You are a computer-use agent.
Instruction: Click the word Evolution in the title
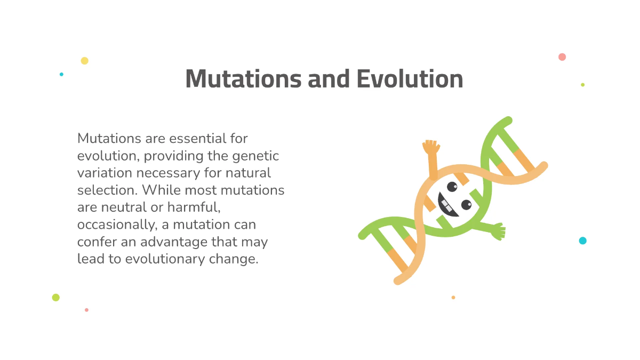click(x=409, y=79)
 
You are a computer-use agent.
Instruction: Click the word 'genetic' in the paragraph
click(x=255, y=156)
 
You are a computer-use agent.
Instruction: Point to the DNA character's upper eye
click(x=452, y=187)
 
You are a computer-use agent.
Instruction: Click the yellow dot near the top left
click(x=84, y=61)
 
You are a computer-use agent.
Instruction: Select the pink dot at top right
click(x=562, y=57)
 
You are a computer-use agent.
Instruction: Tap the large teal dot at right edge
click(x=582, y=241)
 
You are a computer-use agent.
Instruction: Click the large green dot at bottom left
click(x=56, y=298)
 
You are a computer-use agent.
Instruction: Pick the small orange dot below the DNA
click(x=453, y=298)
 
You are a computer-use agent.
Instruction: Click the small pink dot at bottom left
click(x=86, y=310)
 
